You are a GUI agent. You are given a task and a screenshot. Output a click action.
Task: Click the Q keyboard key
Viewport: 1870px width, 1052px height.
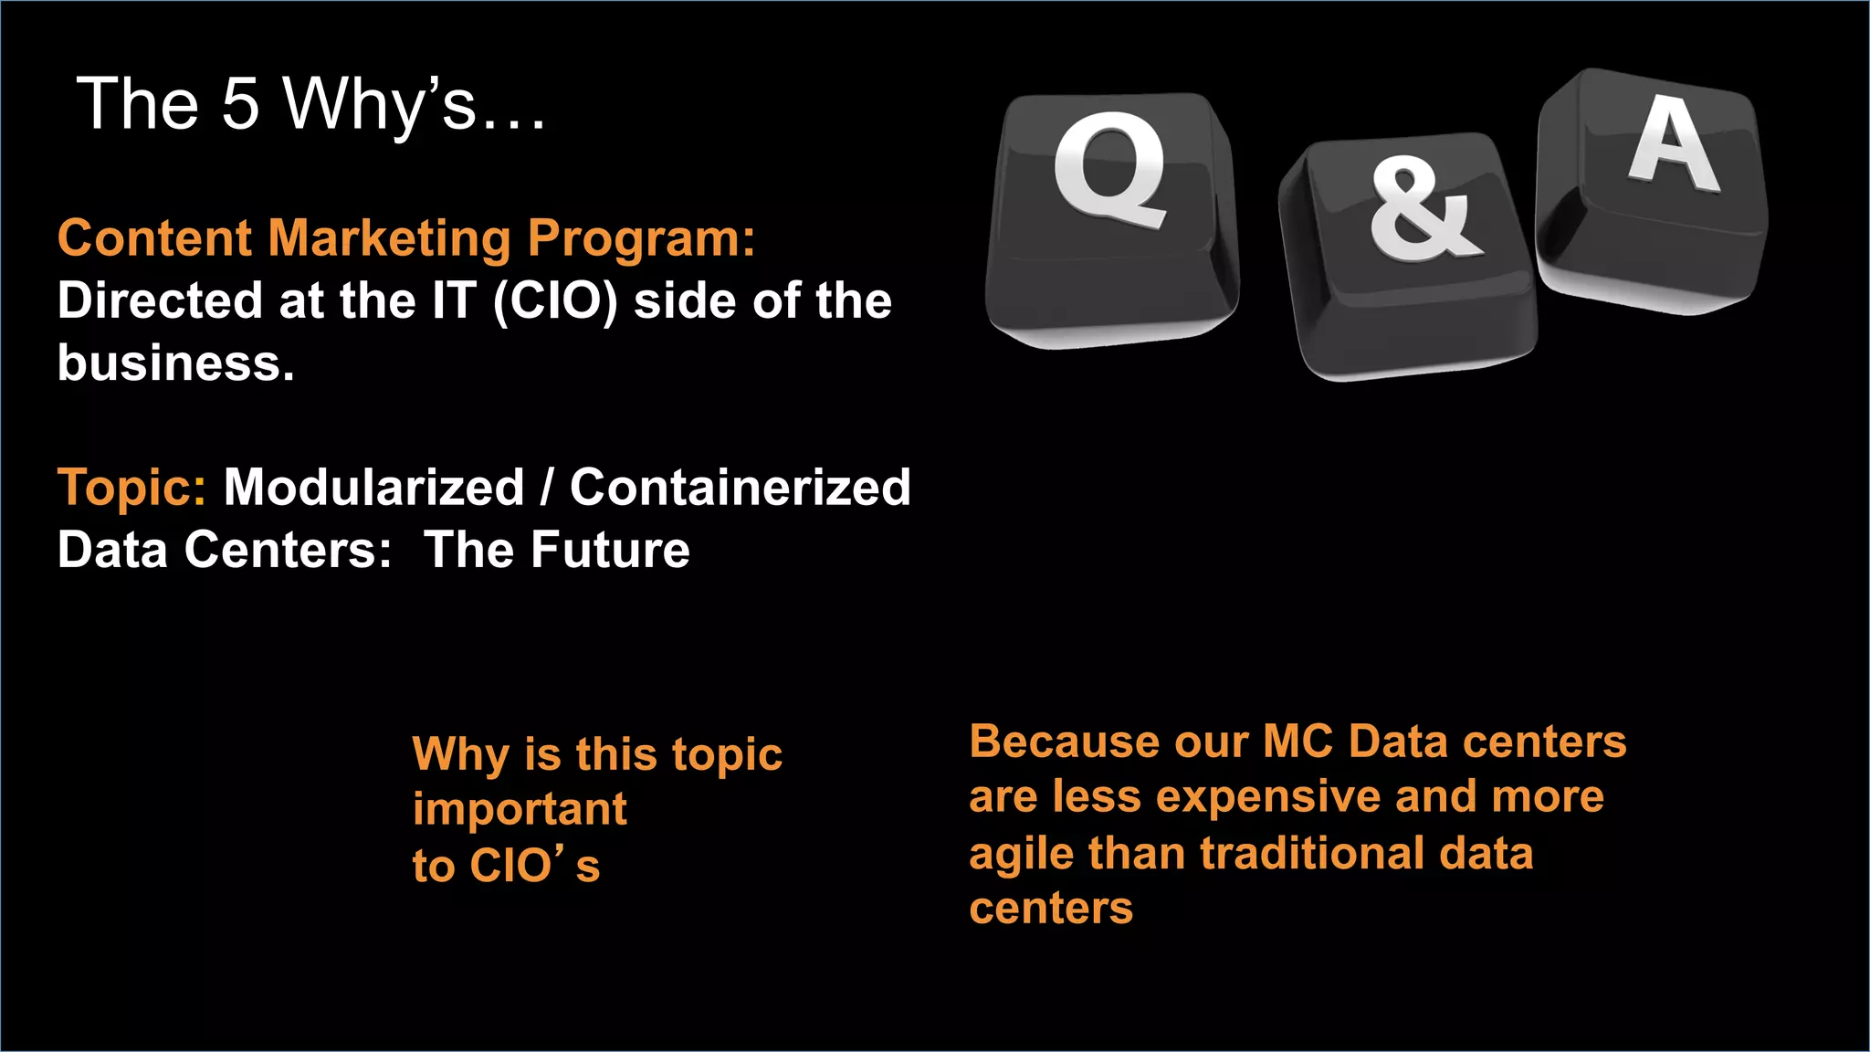[x=1112, y=219]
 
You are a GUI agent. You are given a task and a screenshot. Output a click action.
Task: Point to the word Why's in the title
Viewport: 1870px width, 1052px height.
[x=379, y=105]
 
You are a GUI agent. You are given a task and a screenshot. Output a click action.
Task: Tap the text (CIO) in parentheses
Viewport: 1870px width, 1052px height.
[x=555, y=301]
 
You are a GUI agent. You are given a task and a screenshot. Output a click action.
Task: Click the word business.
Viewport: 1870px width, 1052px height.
[x=176, y=363]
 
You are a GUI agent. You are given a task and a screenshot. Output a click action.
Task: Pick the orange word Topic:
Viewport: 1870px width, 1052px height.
[x=131, y=488]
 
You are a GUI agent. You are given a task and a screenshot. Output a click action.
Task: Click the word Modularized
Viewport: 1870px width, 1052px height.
[x=373, y=487]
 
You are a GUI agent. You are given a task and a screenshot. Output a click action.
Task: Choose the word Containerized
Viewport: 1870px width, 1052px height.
[x=740, y=487]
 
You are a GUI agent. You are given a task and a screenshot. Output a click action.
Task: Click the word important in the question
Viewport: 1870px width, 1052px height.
[x=520, y=810]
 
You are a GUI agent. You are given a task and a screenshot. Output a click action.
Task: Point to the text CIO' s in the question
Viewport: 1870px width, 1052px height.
[x=534, y=866]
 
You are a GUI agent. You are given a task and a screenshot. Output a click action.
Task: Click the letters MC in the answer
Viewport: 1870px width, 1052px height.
[x=1297, y=742]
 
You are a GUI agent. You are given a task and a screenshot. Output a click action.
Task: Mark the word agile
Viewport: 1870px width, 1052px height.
[x=1020, y=855]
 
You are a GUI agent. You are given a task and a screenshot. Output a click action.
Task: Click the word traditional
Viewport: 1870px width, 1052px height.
[x=1312, y=854]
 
